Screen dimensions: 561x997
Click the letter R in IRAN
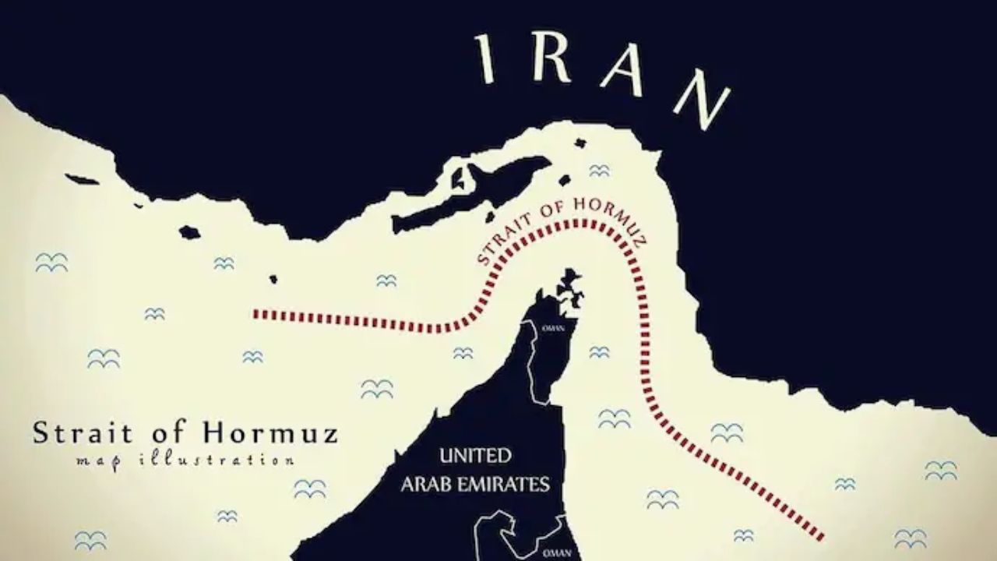point(558,58)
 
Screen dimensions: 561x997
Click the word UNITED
point(475,455)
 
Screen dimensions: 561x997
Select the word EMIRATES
point(510,484)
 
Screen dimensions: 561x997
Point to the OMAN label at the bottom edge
point(559,552)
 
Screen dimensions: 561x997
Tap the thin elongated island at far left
point(82,179)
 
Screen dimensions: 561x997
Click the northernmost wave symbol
point(598,170)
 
